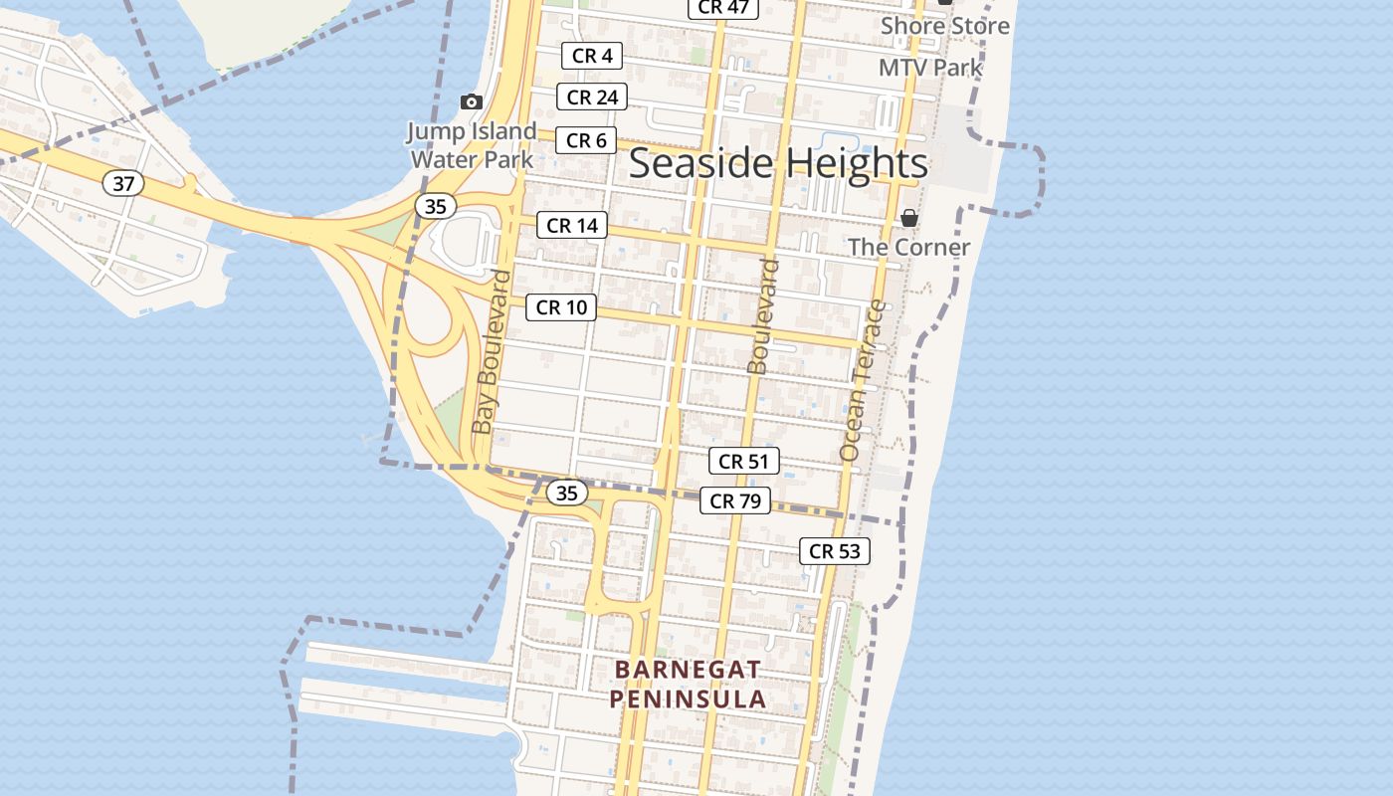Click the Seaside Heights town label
pyautogui.click(x=778, y=163)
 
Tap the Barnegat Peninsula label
pyautogui.click(x=688, y=684)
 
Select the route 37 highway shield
pyautogui.click(x=123, y=183)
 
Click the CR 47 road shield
pyautogui.click(x=723, y=7)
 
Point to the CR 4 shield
pyautogui.click(x=592, y=56)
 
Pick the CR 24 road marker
pyautogui.click(x=592, y=97)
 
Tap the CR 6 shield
pyautogui.click(x=586, y=140)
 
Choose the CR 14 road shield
pyautogui.click(x=572, y=225)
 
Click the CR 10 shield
pyautogui.click(x=561, y=307)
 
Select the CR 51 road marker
pyautogui.click(x=743, y=461)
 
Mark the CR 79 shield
pyautogui.click(x=735, y=500)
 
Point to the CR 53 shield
pyautogui.click(x=835, y=550)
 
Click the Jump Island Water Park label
pyautogui.click(x=472, y=144)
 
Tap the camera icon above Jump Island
pyautogui.click(x=472, y=101)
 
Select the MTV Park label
pyautogui.click(x=930, y=68)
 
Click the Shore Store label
pyautogui.click(x=944, y=26)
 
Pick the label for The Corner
pyautogui.click(x=908, y=247)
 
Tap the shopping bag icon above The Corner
pyautogui.click(x=908, y=218)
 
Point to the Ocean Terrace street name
pyautogui.click(x=862, y=380)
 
